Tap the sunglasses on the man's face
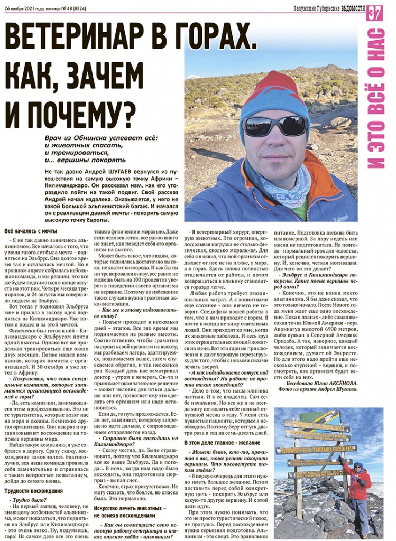(274, 126)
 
